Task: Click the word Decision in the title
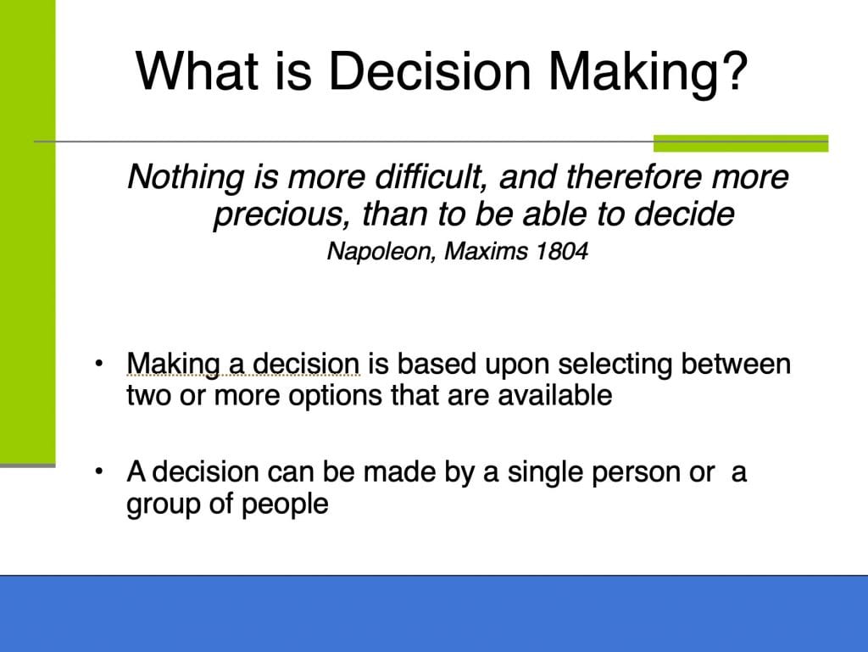[x=430, y=71]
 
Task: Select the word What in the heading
[x=198, y=71]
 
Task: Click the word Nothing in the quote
[x=186, y=178]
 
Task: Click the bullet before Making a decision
[x=99, y=364]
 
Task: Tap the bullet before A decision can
[x=99, y=471]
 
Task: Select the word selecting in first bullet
[x=615, y=365]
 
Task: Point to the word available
[x=554, y=396]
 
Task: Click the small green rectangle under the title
[x=741, y=142]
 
